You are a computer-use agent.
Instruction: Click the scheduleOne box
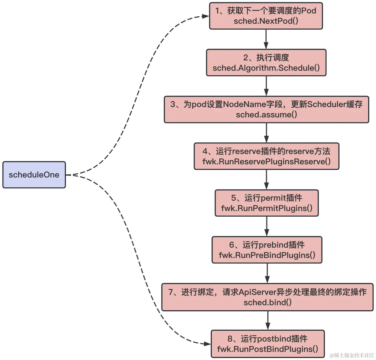(x=34, y=175)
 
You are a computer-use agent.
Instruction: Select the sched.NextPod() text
(x=266, y=21)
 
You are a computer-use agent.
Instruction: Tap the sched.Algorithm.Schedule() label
(x=266, y=68)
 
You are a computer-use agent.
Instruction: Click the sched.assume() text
(x=266, y=115)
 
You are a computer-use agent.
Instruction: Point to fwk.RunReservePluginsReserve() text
(x=266, y=162)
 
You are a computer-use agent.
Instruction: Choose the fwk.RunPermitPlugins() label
(x=266, y=208)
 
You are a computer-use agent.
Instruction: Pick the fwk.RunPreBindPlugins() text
(x=267, y=255)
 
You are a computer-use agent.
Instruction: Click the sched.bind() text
(x=267, y=302)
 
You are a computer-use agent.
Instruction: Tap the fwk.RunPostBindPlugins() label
(x=267, y=349)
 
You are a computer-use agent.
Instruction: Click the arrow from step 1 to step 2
(x=266, y=39)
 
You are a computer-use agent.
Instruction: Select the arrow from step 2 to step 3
(x=266, y=86)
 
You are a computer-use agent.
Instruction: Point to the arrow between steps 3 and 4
(x=266, y=133)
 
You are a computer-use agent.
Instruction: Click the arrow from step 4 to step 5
(x=266, y=179)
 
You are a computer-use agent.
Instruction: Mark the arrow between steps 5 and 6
(x=267, y=226)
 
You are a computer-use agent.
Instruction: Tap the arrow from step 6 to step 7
(x=267, y=273)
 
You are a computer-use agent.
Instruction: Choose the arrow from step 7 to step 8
(x=268, y=320)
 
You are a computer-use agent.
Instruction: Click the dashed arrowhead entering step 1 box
(x=206, y=16)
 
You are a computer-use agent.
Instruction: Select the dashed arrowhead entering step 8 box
(x=207, y=344)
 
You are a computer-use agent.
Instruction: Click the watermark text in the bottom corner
(x=352, y=355)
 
